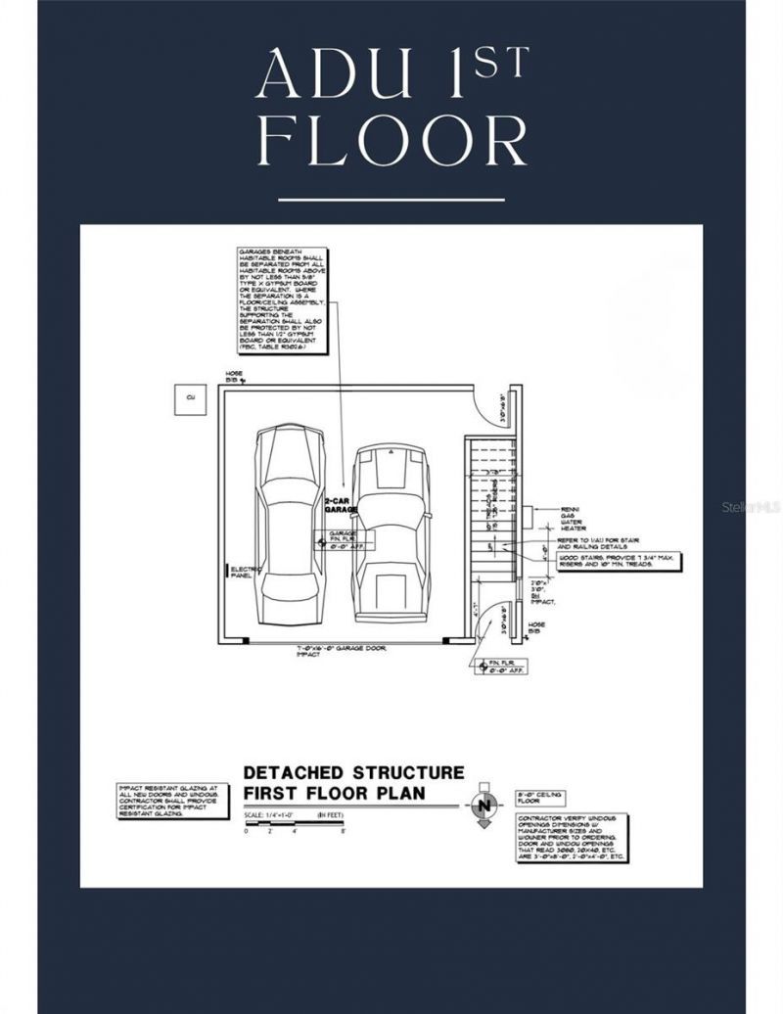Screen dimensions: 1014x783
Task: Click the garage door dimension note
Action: [x=338, y=651]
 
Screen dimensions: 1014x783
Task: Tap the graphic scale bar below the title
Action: [x=293, y=827]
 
